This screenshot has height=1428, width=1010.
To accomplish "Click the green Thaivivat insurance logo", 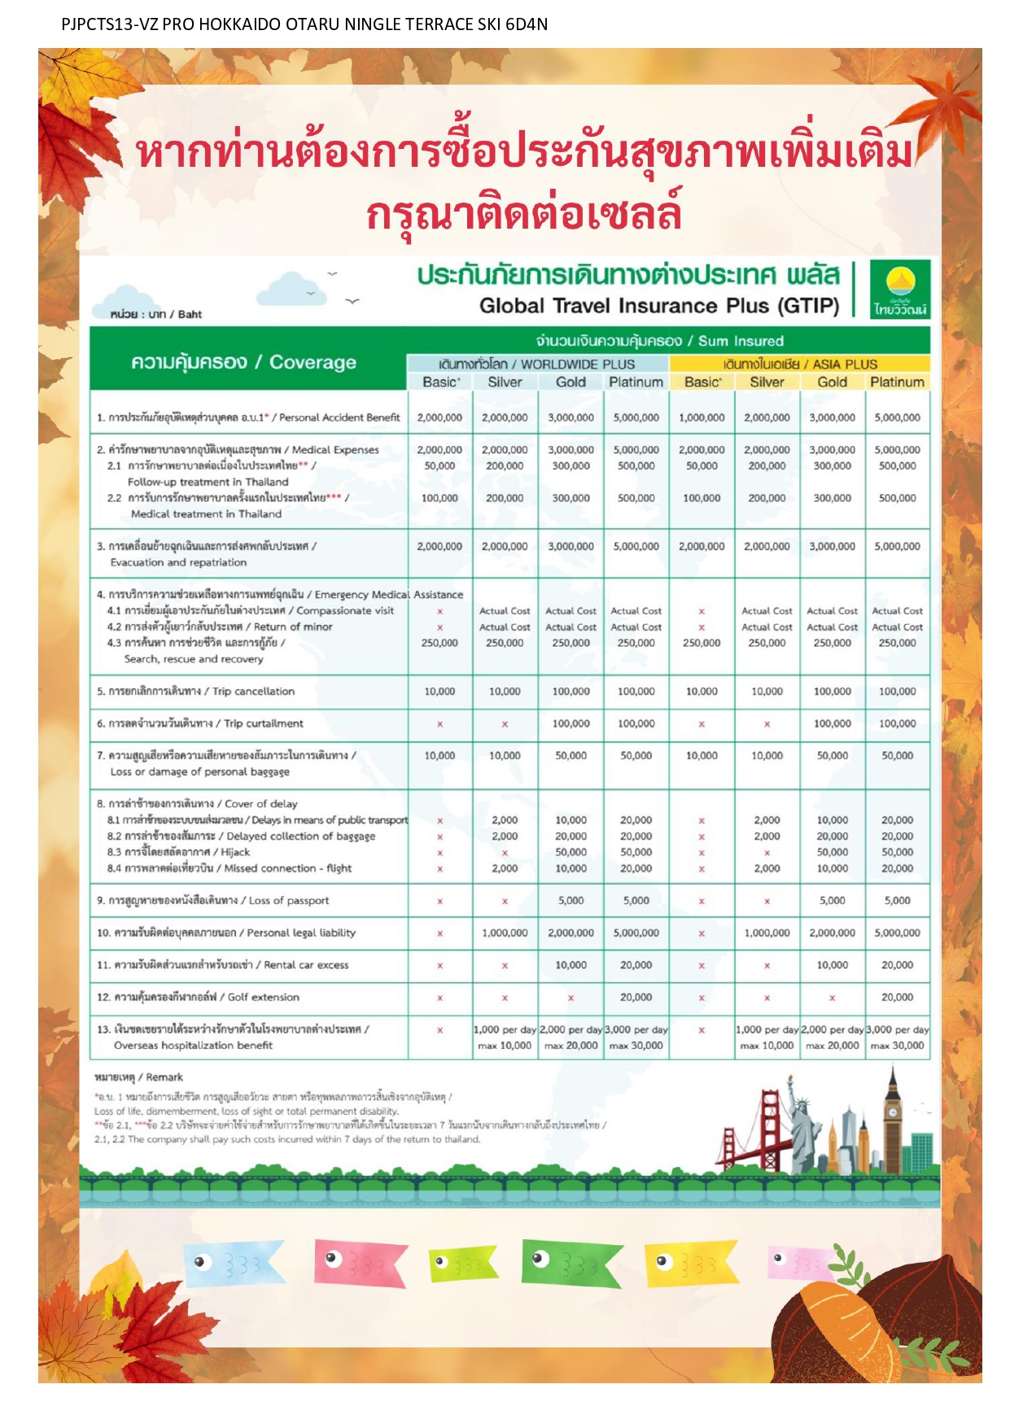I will tap(899, 289).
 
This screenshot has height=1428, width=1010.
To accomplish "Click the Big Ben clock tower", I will tap(893, 1119).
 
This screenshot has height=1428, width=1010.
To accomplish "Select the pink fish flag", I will tap(359, 1262).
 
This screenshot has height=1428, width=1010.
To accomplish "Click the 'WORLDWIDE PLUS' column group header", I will tap(536, 364).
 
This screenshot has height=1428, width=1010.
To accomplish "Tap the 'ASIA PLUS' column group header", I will tap(799, 364).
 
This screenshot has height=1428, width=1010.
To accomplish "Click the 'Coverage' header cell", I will tap(244, 362).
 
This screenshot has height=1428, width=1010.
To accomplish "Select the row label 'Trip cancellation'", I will tap(195, 691).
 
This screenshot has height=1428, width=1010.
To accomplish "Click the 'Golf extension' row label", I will tap(198, 997).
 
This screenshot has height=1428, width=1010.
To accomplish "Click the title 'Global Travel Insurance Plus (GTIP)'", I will tap(658, 306).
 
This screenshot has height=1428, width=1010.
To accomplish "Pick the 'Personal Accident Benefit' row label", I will tap(248, 417).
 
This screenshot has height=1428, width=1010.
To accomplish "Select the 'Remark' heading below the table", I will tap(139, 1076).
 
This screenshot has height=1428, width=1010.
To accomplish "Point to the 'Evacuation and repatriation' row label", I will tap(178, 562).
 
